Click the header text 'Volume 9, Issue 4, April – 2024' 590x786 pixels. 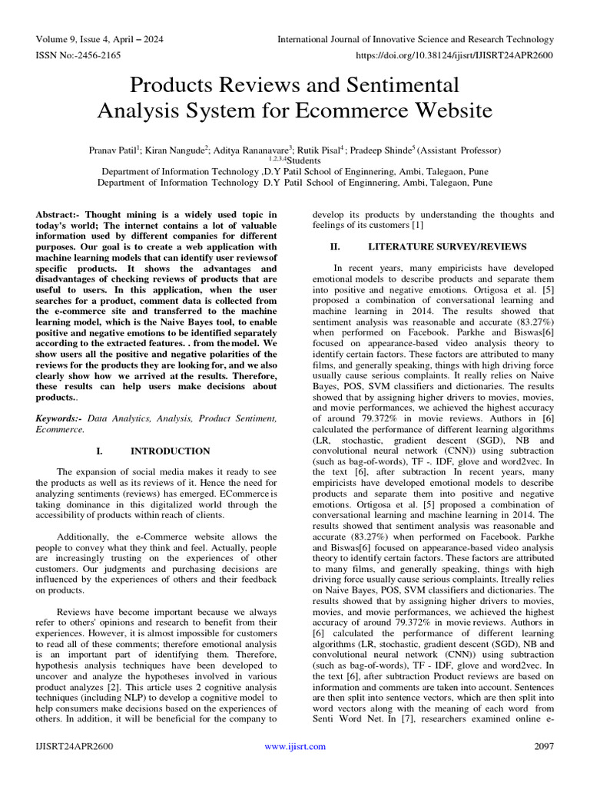99,39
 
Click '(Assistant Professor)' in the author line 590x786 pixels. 453,150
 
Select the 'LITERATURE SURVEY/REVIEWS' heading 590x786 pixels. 447,247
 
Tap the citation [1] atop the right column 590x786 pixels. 417,226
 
